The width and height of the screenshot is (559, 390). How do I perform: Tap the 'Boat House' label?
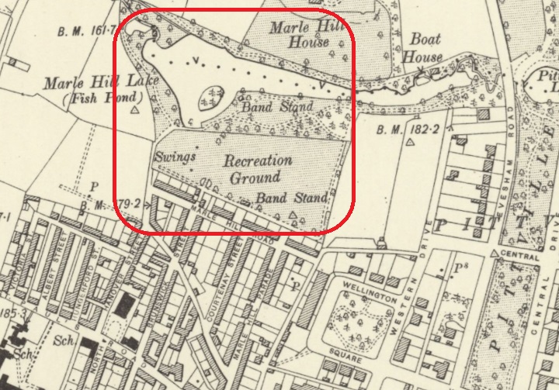point(425,47)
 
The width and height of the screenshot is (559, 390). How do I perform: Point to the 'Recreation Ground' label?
point(258,168)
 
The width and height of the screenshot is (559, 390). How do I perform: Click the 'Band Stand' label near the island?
point(276,106)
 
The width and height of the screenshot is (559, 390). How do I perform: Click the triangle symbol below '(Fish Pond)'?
point(136,111)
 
